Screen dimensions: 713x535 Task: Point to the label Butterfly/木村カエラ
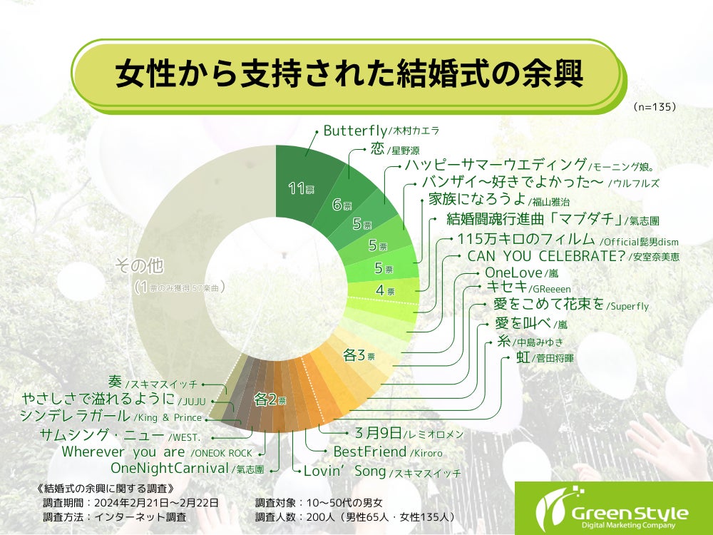[x=381, y=131]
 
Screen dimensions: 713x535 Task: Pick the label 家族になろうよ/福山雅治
[x=498, y=200]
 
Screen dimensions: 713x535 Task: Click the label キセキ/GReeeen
[x=528, y=287]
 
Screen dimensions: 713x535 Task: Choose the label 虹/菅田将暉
[x=545, y=357]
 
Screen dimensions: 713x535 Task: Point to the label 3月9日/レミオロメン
[x=409, y=433]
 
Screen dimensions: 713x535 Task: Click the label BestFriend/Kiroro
[x=388, y=452]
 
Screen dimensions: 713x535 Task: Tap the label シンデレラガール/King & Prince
[x=111, y=416]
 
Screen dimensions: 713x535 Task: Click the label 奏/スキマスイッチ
[x=153, y=382]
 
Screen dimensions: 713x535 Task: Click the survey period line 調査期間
[x=131, y=503]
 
